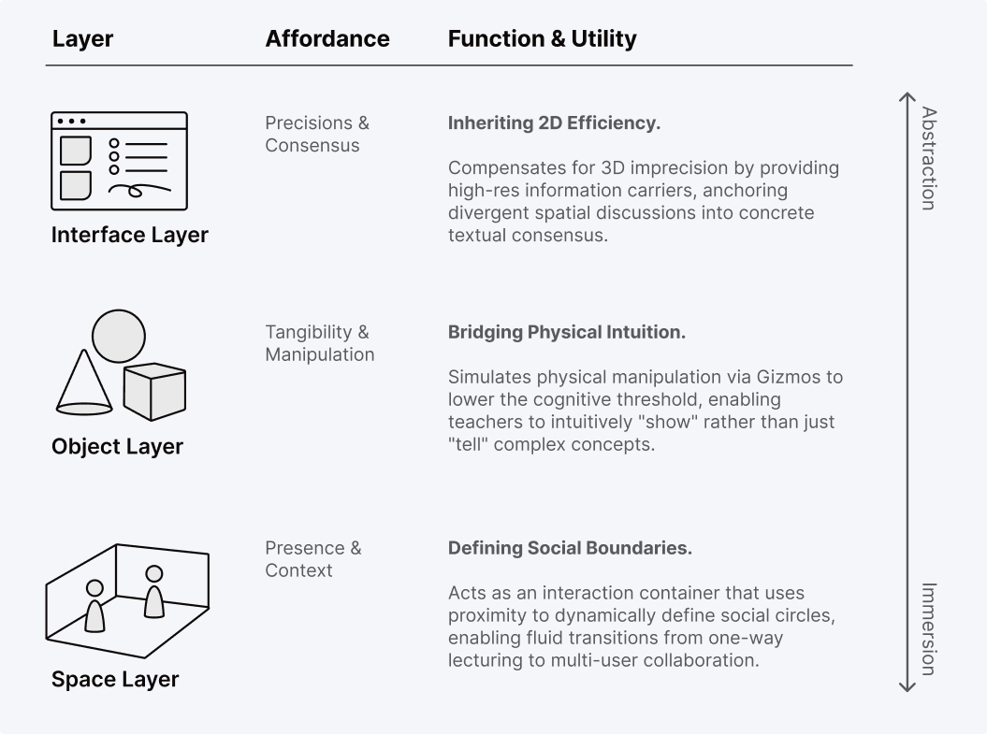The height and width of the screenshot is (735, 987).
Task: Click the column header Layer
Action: click(82, 38)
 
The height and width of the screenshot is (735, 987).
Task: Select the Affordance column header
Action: click(327, 38)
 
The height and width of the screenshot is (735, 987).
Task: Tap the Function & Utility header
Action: click(542, 38)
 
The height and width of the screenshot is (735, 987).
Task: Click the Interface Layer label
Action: click(129, 235)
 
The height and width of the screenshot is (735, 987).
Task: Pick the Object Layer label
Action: click(117, 446)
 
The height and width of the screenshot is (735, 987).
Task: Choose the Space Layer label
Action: click(114, 679)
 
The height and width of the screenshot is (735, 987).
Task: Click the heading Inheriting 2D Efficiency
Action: click(554, 123)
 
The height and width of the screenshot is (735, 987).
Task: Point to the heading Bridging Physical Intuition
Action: click(567, 332)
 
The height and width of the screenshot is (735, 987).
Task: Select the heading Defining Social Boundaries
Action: click(570, 548)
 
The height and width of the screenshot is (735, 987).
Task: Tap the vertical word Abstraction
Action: click(928, 158)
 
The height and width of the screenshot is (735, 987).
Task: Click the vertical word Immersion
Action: click(928, 628)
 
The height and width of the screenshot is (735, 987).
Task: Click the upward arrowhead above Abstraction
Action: click(906, 95)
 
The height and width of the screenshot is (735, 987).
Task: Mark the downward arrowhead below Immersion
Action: click(906, 688)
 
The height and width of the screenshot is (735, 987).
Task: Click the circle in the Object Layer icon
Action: click(119, 336)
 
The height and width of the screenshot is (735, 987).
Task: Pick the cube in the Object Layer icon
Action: click(155, 391)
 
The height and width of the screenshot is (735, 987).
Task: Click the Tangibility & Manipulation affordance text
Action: click(319, 343)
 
